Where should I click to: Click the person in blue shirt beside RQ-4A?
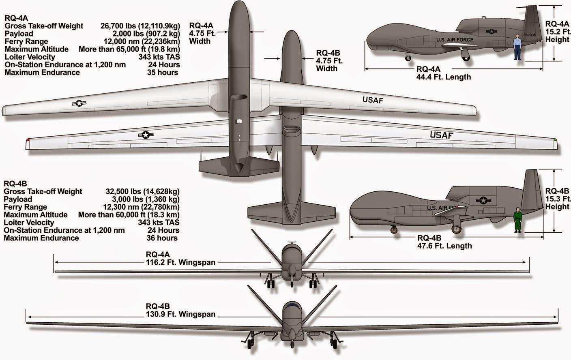click(x=517, y=47)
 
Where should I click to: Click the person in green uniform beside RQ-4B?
click(x=517, y=220)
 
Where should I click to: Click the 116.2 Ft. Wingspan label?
click(x=180, y=262)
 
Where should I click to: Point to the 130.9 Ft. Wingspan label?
click(x=180, y=314)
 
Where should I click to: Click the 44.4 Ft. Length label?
click(x=444, y=77)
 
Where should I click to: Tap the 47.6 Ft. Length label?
click(x=444, y=246)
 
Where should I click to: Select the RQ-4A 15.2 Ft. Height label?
click(x=557, y=32)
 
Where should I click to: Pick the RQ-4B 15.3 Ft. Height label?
click(x=557, y=199)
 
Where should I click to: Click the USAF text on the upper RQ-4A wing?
click(x=373, y=100)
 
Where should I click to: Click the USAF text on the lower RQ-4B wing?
click(x=441, y=135)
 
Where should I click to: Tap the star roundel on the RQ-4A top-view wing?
click(x=79, y=103)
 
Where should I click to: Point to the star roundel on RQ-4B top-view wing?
click(x=146, y=135)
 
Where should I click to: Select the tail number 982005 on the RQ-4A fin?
click(x=529, y=35)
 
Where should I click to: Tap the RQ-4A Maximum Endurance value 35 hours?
click(x=163, y=72)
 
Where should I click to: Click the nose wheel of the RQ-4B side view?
click(x=393, y=230)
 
